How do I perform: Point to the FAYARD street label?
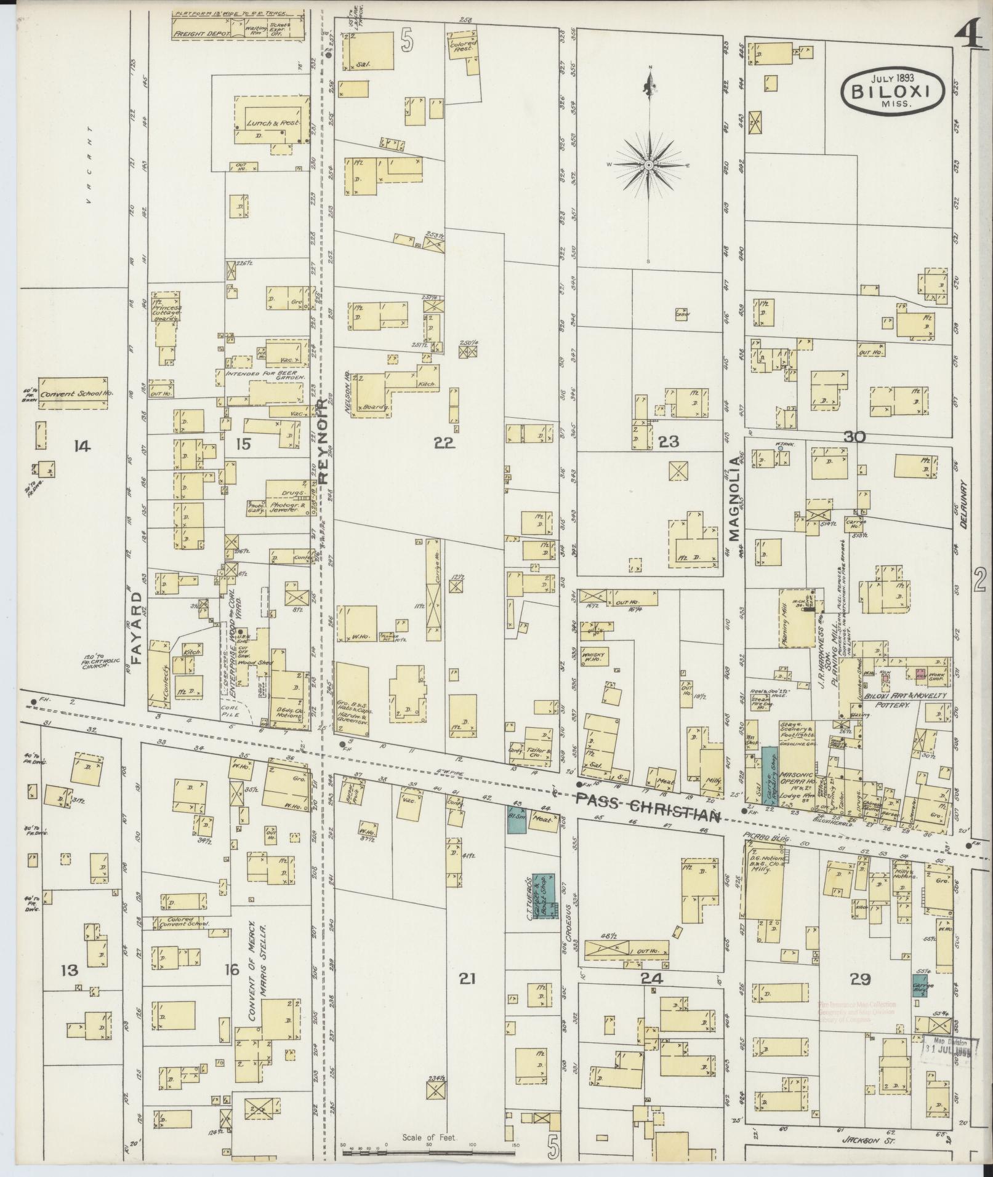click(137, 627)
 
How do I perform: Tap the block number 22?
click(443, 443)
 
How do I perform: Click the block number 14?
click(82, 446)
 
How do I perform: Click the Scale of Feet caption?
click(428, 1137)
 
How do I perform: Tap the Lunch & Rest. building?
click(271, 123)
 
